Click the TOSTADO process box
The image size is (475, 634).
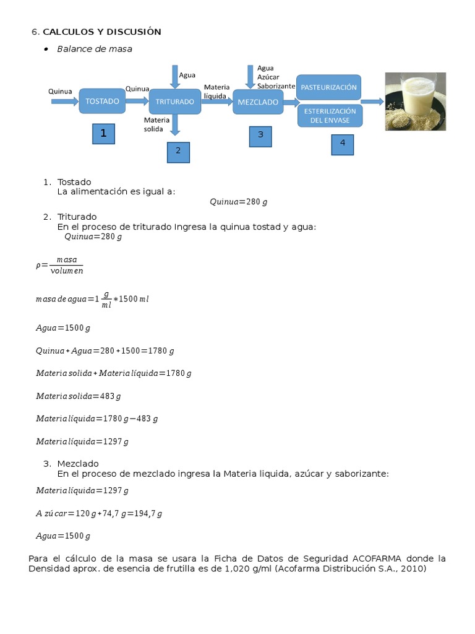point(102,101)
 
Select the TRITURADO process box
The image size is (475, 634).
point(175,102)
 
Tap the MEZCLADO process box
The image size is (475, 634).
point(257,102)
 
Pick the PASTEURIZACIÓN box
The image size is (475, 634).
point(328,87)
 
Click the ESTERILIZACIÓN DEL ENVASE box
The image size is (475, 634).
point(329,116)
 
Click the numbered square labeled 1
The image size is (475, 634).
point(103,133)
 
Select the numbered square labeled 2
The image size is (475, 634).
point(178,151)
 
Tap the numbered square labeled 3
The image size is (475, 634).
point(260,136)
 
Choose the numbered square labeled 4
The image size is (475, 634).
point(342,144)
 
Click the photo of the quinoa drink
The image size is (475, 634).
point(415,102)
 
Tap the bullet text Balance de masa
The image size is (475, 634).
point(95,48)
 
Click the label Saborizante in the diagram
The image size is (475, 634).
point(276,86)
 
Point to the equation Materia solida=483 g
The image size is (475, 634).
point(78,396)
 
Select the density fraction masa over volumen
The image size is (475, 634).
point(66,265)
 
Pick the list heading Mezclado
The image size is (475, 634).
point(78,463)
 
